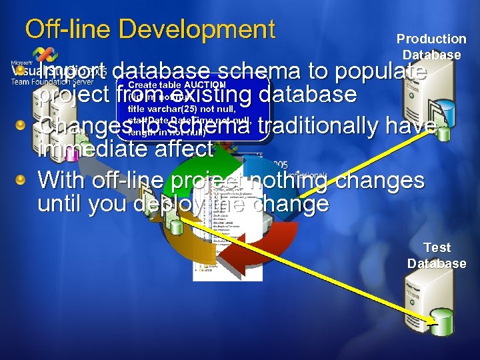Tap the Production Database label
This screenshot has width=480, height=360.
431,47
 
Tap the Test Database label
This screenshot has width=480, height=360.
437,255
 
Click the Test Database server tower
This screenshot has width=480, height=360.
423,300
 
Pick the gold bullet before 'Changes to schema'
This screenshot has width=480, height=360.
21,125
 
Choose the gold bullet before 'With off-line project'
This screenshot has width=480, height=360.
21,179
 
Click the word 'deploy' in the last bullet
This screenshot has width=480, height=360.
167,203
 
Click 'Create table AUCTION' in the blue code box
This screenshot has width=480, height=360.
177,85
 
